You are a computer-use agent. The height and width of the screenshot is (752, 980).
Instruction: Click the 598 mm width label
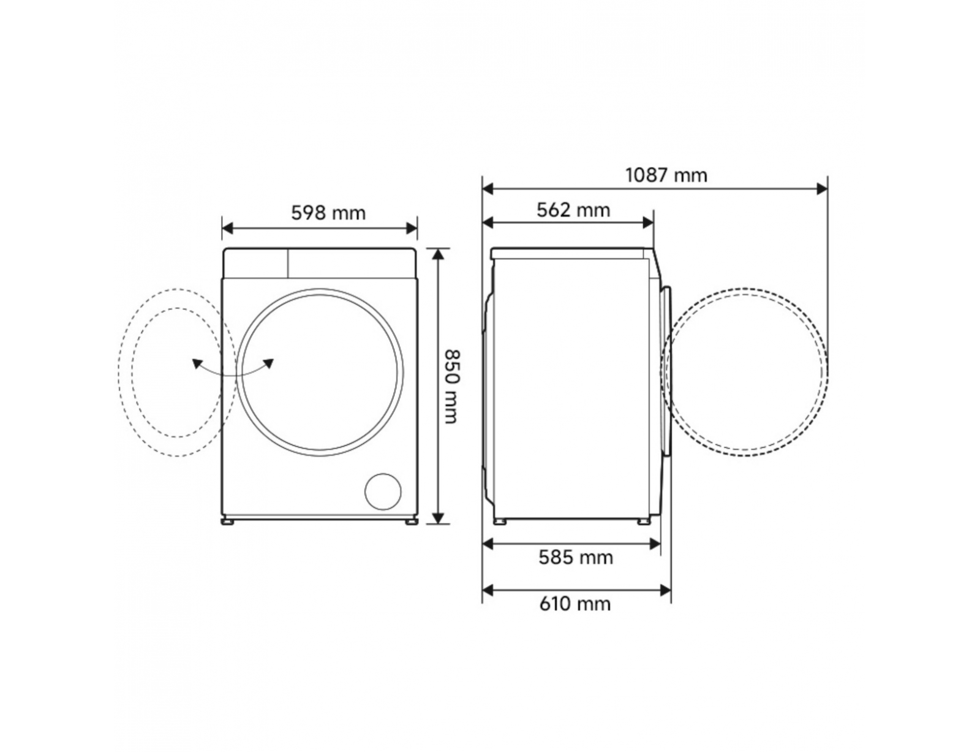[328, 213]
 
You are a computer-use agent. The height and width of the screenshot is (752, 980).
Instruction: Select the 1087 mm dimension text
[666, 175]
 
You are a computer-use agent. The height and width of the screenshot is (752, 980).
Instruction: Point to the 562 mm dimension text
[573, 210]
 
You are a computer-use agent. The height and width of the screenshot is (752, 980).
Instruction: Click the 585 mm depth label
[576, 558]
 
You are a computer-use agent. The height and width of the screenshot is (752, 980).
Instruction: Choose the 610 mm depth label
[575, 604]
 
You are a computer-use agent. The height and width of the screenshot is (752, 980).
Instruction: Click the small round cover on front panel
[383, 492]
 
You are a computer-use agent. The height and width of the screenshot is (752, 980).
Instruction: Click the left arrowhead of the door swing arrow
[197, 363]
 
